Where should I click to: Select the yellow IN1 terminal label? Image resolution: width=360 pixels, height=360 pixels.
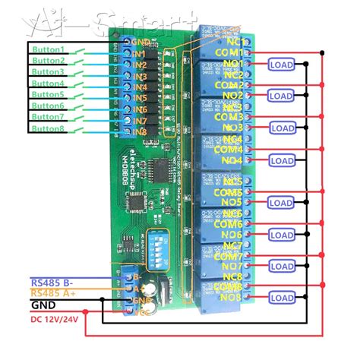tap(139, 55)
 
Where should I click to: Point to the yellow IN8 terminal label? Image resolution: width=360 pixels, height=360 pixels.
tap(139, 131)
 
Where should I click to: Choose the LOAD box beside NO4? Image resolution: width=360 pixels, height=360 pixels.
tap(281, 160)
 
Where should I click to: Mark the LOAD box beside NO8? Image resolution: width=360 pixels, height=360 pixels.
tap(281, 298)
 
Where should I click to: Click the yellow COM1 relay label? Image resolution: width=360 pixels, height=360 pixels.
tap(229, 52)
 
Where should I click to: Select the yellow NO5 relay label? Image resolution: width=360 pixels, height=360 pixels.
tap(232, 202)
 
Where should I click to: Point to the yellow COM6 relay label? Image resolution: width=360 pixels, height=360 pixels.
tap(229, 224)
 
